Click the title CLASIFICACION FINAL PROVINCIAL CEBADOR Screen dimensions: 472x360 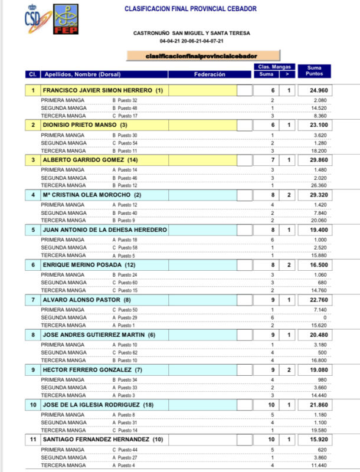click(190, 9)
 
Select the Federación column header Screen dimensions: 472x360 click(210, 74)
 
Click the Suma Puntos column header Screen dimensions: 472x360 click(314, 71)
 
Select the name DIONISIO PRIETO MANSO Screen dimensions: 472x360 click(84, 125)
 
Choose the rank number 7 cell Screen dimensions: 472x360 click(33, 300)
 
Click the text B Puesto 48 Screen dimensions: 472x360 click(125, 109)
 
